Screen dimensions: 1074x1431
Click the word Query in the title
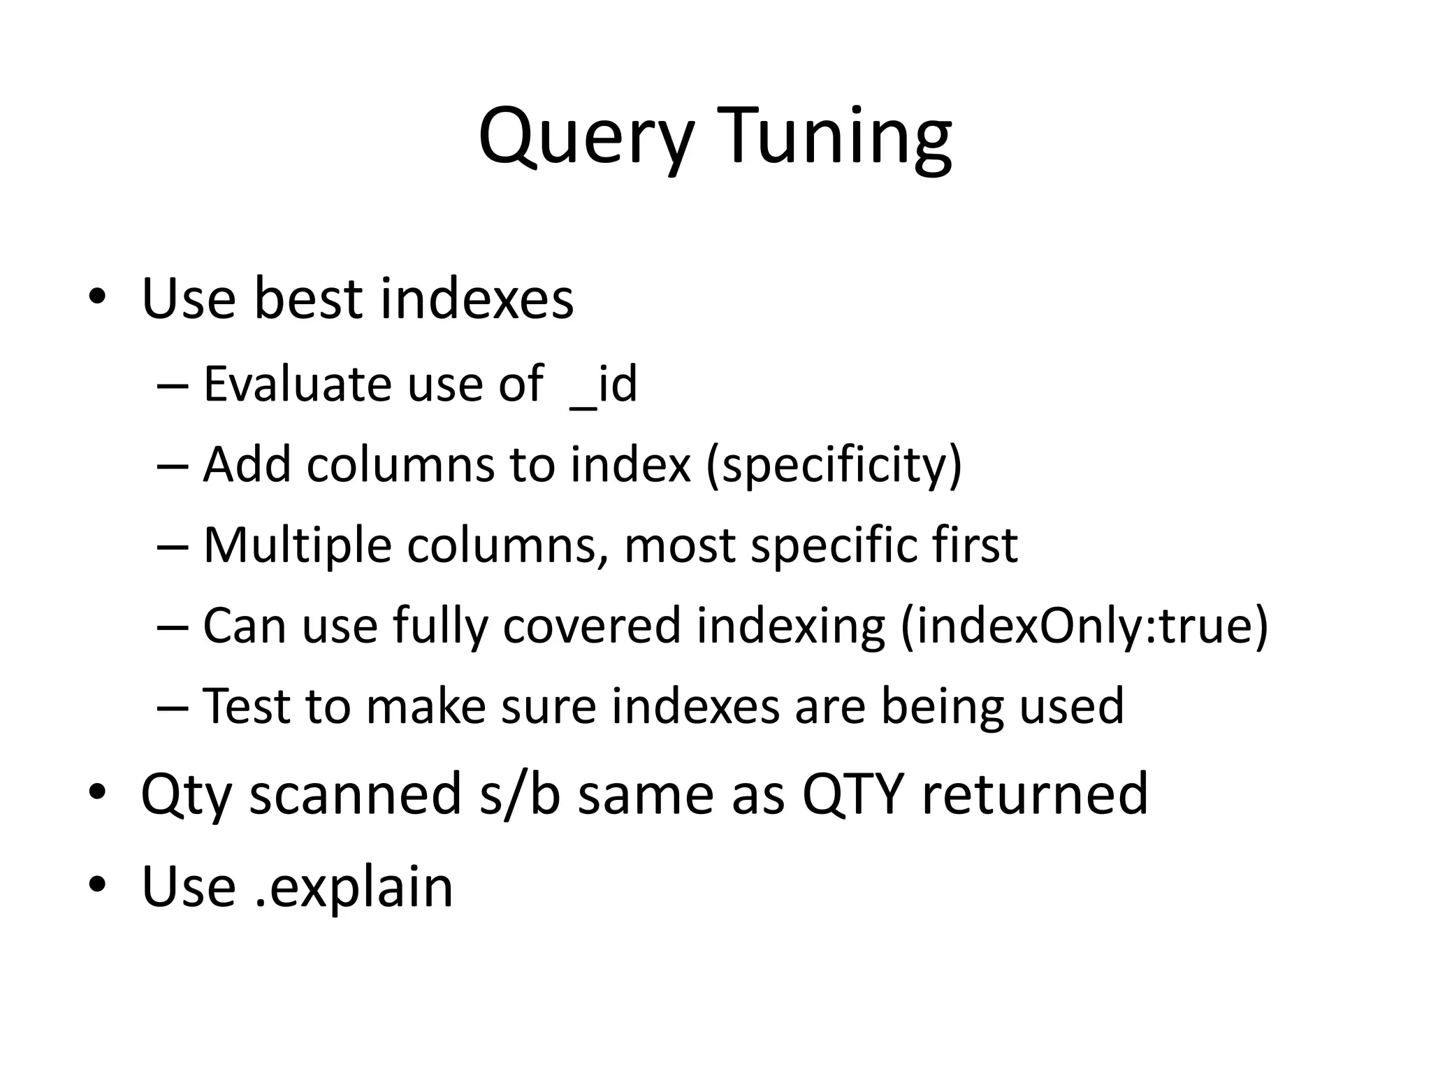586,136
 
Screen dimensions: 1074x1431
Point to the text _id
603,385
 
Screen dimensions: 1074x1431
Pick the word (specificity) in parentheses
834,465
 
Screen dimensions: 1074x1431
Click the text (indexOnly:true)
1084,626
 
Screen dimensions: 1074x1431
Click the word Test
246,706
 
